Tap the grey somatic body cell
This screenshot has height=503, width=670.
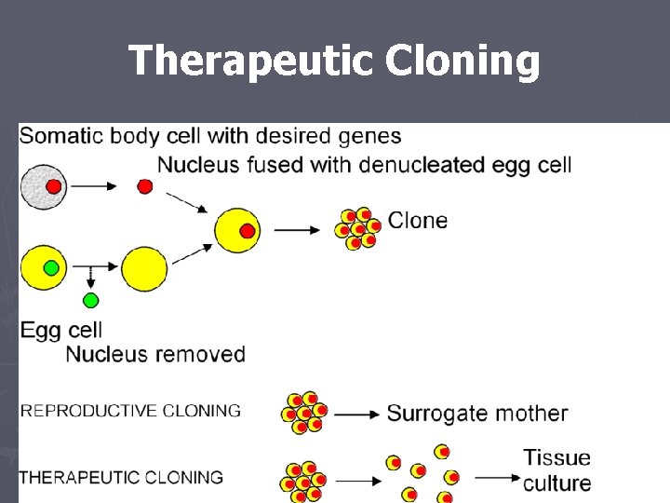(x=43, y=186)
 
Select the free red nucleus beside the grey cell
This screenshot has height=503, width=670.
(x=145, y=186)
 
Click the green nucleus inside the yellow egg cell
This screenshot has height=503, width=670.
(x=51, y=268)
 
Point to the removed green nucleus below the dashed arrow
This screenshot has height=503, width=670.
(x=90, y=300)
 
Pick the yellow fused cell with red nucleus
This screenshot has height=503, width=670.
(x=236, y=230)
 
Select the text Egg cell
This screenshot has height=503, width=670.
(x=60, y=330)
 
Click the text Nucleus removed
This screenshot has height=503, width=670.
(x=155, y=354)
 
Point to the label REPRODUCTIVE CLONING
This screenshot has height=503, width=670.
(x=130, y=411)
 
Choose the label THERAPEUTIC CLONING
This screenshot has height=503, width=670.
(x=121, y=477)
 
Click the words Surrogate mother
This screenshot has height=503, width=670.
(x=476, y=413)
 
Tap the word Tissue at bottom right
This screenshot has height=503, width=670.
(x=556, y=457)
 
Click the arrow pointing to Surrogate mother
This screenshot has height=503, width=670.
(x=356, y=414)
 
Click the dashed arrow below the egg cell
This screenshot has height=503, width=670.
(x=90, y=277)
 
